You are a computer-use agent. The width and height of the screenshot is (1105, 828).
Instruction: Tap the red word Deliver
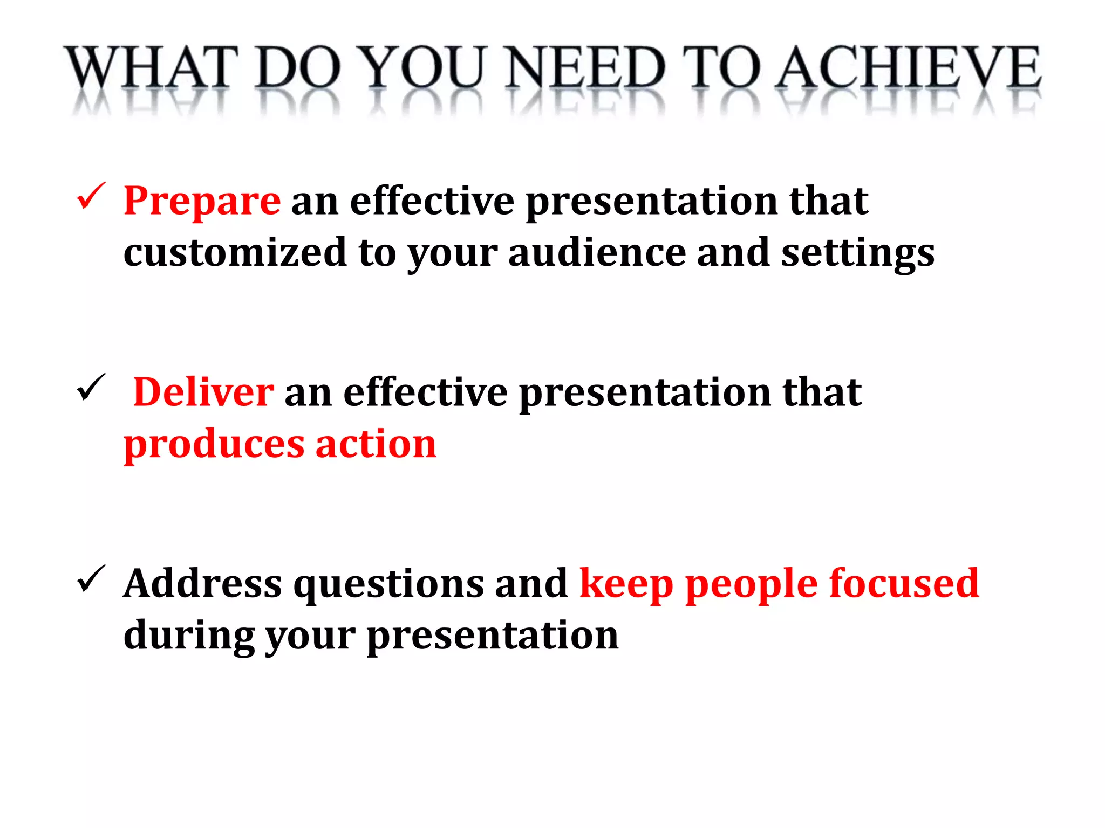click(x=203, y=392)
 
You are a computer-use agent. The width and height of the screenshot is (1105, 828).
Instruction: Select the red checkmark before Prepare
click(x=91, y=196)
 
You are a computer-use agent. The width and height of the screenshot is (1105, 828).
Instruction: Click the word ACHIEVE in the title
click(x=909, y=68)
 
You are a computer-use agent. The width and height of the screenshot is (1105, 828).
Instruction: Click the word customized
click(x=235, y=252)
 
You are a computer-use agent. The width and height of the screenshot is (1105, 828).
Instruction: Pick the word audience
click(x=596, y=252)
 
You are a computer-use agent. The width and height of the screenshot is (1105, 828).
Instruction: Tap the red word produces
click(x=214, y=445)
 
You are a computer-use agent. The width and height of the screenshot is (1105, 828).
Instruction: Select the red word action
click(x=376, y=444)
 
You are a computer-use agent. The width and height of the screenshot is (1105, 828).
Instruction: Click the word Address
click(x=202, y=583)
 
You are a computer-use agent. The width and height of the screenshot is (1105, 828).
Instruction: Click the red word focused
click(x=904, y=583)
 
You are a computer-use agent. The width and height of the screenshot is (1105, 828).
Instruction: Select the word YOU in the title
click(x=421, y=68)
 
